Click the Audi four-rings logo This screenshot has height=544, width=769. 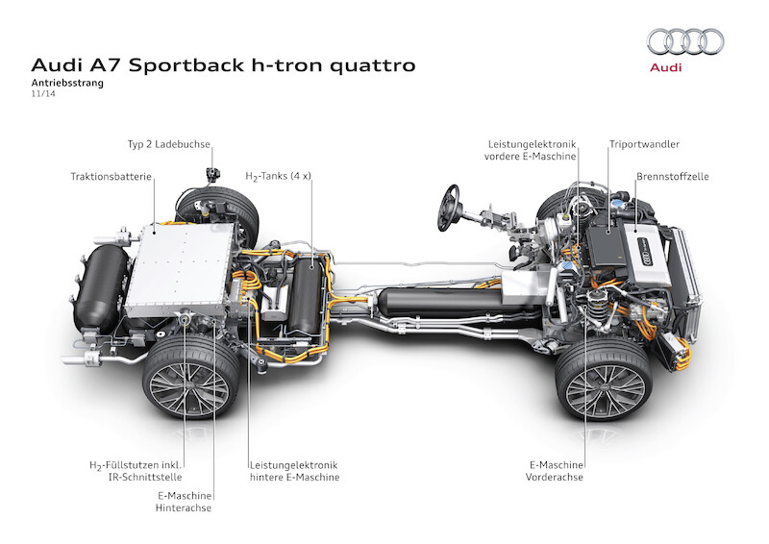pos(685,41)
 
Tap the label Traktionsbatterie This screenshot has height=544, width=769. pos(111,177)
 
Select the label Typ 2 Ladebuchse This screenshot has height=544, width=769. pos(168,144)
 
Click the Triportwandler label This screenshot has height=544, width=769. pos(644,144)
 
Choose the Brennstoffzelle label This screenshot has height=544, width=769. pos(672,177)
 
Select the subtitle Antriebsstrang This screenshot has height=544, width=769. pos(66,84)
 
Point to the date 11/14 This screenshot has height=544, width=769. pos(44,95)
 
